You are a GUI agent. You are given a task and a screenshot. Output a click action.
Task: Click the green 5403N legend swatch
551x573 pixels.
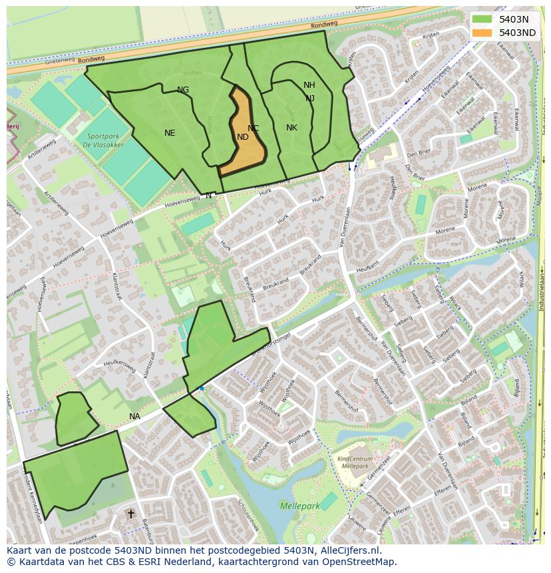[x=482, y=19]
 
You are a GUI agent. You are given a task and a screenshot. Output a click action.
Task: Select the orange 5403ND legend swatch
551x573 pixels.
[x=482, y=33]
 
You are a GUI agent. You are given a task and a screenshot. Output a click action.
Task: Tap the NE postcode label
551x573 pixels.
[x=170, y=133]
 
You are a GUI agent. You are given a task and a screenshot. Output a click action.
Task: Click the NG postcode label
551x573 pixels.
[x=183, y=90]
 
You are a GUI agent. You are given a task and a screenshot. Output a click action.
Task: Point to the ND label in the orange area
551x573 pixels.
[x=243, y=137]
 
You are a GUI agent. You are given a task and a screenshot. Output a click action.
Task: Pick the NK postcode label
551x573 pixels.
[x=291, y=128]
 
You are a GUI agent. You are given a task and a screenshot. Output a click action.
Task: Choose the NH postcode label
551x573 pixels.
[x=309, y=85]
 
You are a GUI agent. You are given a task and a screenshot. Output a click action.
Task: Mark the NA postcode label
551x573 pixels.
[x=135, y=417]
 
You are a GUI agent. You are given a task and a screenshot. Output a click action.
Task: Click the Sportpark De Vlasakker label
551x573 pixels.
[x=97, y=139]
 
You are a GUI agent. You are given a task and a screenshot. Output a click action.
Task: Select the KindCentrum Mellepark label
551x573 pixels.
[x=355, y=463]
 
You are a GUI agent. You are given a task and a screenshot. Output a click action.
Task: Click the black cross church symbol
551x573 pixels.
[x=131, y=514]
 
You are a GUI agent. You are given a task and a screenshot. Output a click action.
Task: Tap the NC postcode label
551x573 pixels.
[x=254, y=128]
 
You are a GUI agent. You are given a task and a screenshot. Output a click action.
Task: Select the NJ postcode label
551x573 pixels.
[x=310, y=98]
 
